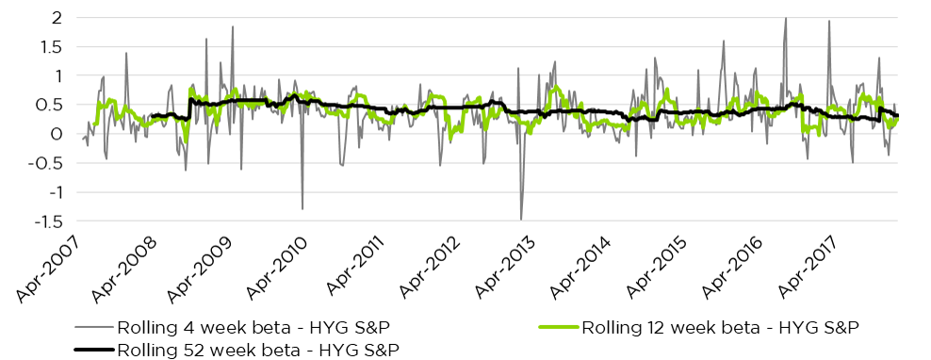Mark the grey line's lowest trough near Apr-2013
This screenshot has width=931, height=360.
coord(521,220)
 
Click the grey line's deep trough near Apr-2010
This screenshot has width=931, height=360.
coord(302,208)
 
